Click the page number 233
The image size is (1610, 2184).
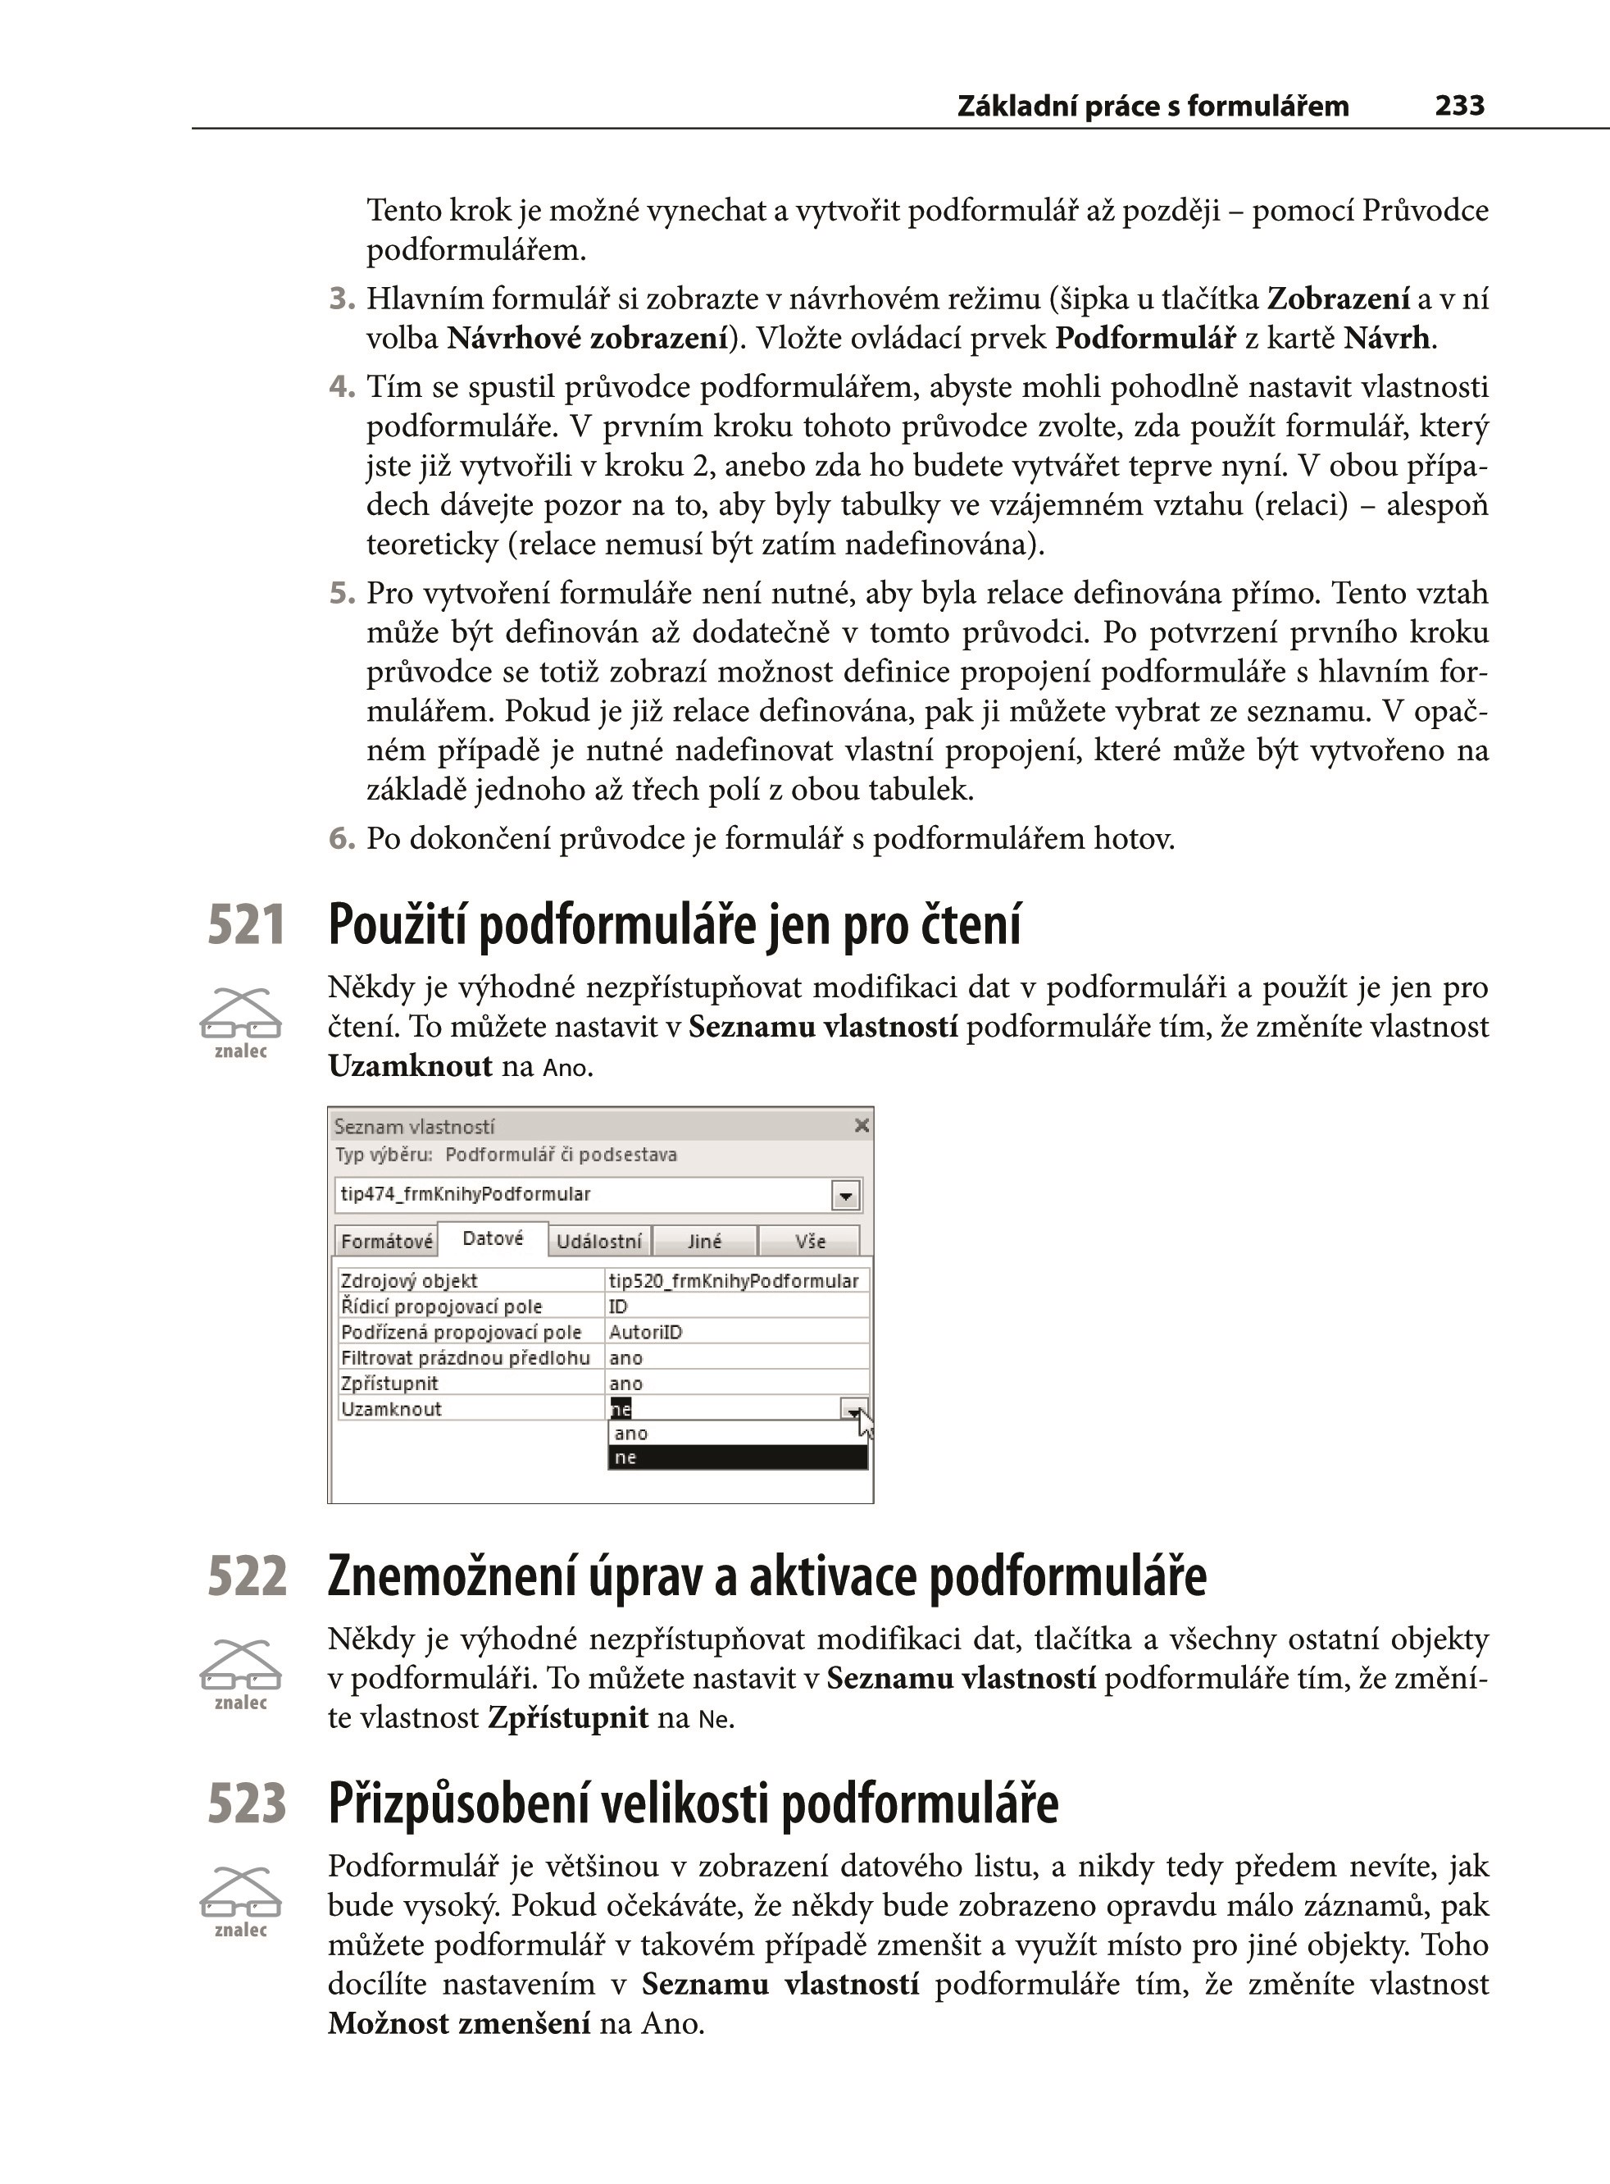coord(1459,105)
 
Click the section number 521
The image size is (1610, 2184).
coord(246,924)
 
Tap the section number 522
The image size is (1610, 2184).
coord(247,1575)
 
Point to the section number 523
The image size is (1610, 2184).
coord(247,1803)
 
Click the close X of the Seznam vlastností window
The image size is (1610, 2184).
coord(862,1125)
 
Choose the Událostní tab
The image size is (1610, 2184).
coord(599,1241)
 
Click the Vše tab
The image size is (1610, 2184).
coord(810,1241)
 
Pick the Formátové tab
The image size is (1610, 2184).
coord(386,1241)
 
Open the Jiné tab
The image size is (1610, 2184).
coord(705,1241)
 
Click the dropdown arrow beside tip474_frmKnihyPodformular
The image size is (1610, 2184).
coord(845,1196)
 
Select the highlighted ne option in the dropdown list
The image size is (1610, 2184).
coord(737,1457)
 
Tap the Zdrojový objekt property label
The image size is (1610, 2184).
coord(409,1280)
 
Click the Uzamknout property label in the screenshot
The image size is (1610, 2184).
coord(392,1409)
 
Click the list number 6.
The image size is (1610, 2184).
coord(340,838)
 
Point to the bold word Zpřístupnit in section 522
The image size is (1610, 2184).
coord(568,1718)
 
